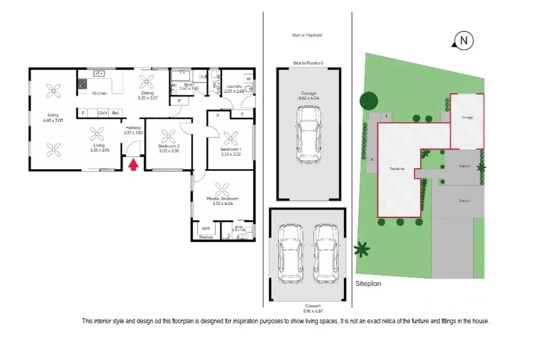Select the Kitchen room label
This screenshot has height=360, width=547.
(100, 93)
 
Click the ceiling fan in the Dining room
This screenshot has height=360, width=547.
(147, 81)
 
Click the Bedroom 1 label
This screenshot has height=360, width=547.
(231, 150)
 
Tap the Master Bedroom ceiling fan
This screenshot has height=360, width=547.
(222, 189)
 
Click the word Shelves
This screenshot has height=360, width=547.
(206, 237)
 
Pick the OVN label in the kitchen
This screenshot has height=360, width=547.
(102, 113)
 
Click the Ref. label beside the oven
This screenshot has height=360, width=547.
(116, 113)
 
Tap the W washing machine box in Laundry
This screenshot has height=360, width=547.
(248, 79)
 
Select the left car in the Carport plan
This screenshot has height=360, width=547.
(290, 252)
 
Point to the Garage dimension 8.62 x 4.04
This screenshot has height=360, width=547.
(308, 98)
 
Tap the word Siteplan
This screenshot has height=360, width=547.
(368, 284)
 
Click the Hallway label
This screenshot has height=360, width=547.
(133, 128)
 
